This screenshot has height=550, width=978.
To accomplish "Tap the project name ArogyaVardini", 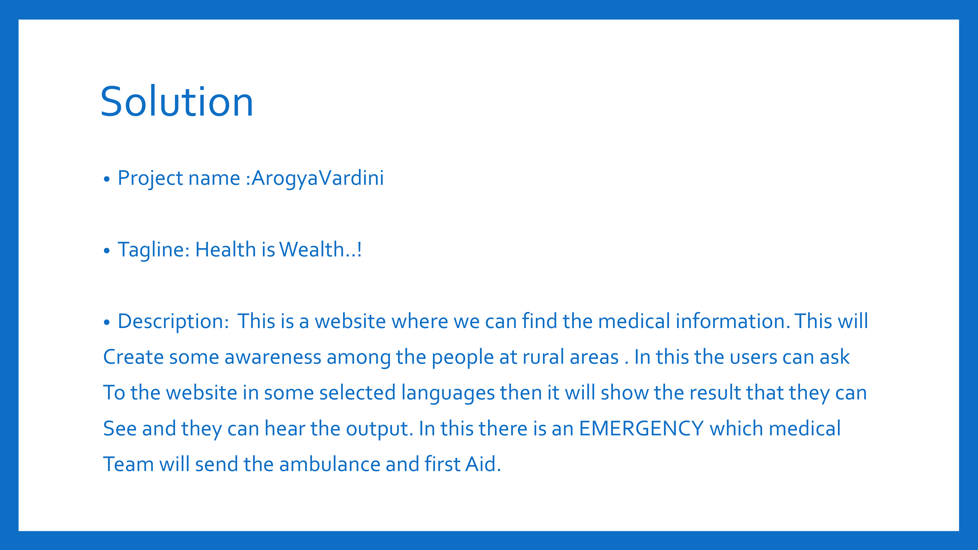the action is pyautogui.click(x=318, y=178).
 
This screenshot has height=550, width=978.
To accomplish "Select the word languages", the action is pyautogui.click(x=448, y=393).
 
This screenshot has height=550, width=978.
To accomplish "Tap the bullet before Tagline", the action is pyautogui.click(x=107, y=251).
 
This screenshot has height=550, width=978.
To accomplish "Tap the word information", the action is pyautogui.click(x=733, y=321).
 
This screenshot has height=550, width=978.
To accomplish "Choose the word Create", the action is pyautogui.click(x=133, y=357).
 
